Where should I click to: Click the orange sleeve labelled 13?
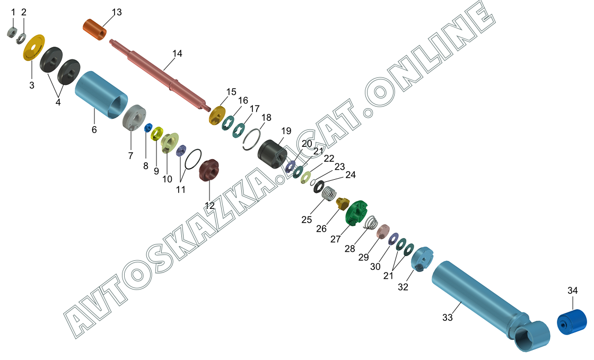click(94, 29)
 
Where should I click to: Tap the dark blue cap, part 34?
click(572, 322)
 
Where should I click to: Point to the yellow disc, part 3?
click(34, 47)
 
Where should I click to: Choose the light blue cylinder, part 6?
click(101, 94)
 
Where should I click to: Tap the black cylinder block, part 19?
click(273, 154)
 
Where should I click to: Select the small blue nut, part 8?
click(148, 128)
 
